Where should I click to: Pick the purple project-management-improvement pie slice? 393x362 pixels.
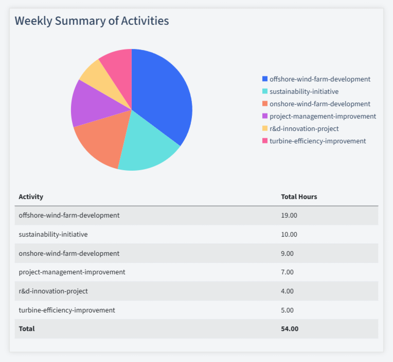87,103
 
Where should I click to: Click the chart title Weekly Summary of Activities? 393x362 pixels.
92,21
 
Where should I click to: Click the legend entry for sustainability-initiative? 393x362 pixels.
303,91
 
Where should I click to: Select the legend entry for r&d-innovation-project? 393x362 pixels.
303,128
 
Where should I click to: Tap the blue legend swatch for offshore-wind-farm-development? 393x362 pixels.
265,79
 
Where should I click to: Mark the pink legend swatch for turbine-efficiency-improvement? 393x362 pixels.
265,141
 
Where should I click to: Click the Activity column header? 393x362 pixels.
31,196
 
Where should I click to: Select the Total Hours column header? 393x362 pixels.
299,196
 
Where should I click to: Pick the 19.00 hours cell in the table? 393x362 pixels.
289,215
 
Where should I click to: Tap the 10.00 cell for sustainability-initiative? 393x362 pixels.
289,234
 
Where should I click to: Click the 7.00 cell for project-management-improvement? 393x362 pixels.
287,272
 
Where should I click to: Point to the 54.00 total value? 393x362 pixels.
290,328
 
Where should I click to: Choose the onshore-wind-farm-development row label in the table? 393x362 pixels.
69,253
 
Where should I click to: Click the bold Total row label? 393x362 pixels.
27,328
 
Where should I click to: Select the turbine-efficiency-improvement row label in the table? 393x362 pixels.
67,310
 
